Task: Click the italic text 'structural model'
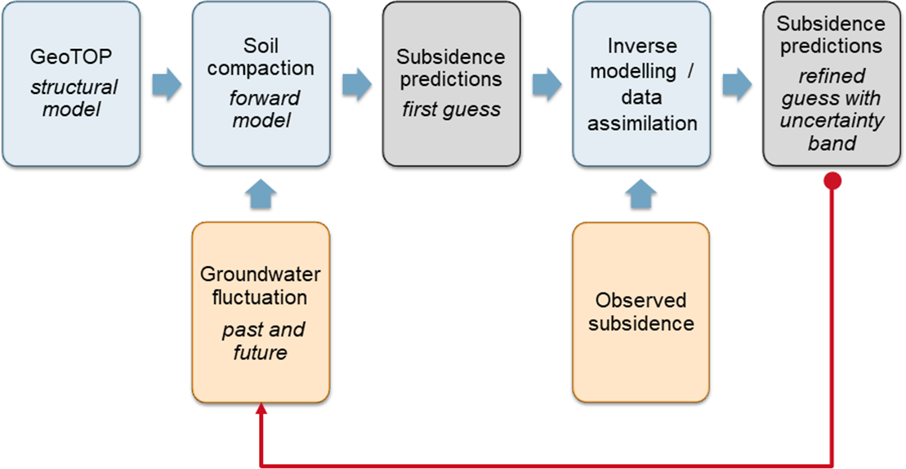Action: (69, 96)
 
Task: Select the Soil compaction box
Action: (261, 83)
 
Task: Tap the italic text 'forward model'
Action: (261, 109)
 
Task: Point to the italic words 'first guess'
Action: (451, 109)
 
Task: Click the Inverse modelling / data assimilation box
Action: (641, 83)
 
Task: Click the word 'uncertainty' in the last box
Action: (833, 121)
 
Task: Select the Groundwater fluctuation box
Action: (261, 312)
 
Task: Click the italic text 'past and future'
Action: (263, 341)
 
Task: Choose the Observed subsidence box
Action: (641, 311)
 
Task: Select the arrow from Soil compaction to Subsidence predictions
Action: (357, 84)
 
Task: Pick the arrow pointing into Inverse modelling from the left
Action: (547, 84)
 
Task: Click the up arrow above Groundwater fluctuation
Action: (261, 195)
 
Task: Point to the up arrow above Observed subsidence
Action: (641, 195)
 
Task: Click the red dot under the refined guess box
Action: (832, 181)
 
